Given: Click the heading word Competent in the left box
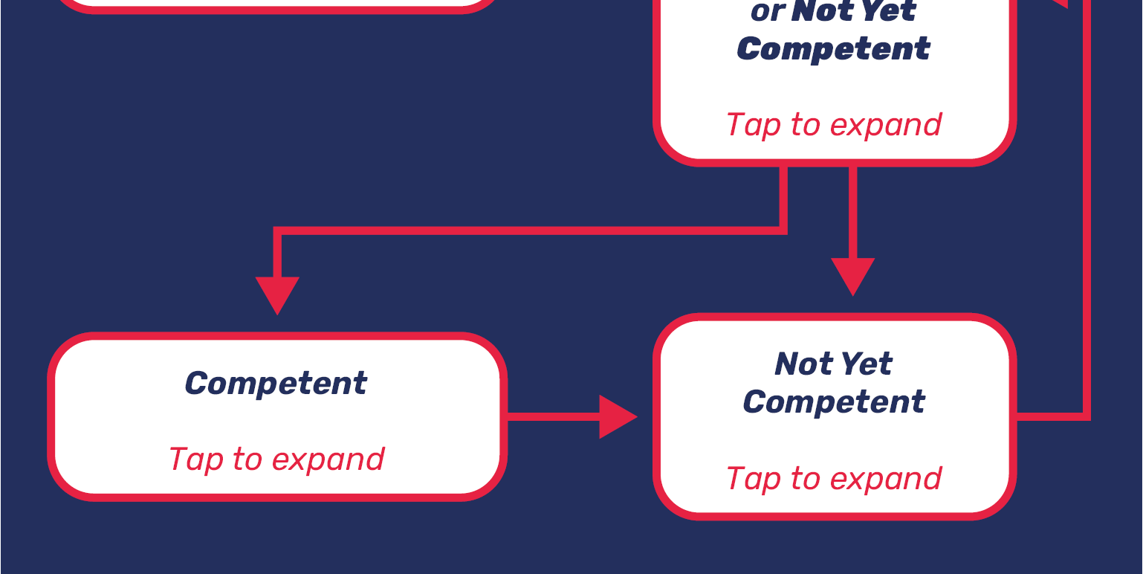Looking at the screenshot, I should click(x=276, y=384).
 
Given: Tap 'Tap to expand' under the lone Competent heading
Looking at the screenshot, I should click(x=276, y=459).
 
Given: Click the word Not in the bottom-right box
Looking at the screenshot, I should click(x=798, y=364).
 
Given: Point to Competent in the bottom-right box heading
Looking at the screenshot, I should click(x=834, y=402).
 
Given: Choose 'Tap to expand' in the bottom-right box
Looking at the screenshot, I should click(x=834, y=478).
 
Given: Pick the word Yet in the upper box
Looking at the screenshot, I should click(x=891, y=12).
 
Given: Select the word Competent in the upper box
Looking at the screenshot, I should click(x=834, y=49).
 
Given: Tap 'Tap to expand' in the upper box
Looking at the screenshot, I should click(x=834, y=124).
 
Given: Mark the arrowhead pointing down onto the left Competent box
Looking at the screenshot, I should click(x=277, y=293).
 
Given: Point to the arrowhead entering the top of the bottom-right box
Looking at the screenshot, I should click(x=852, y=275).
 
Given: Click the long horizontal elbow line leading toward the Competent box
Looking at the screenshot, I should click(x=520, y=230).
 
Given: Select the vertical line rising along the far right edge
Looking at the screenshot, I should click(x=1087, y=223).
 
